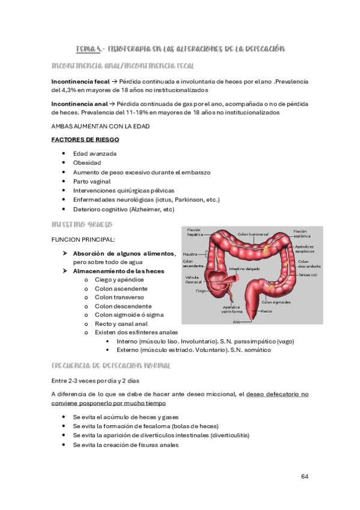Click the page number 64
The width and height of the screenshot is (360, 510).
click(x=305, y=476)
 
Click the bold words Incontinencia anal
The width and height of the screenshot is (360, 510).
click(x=81, y=103)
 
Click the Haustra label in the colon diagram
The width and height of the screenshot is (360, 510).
click(x=191, y=253)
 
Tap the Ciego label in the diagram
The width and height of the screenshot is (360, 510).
click(x=201, y=290)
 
